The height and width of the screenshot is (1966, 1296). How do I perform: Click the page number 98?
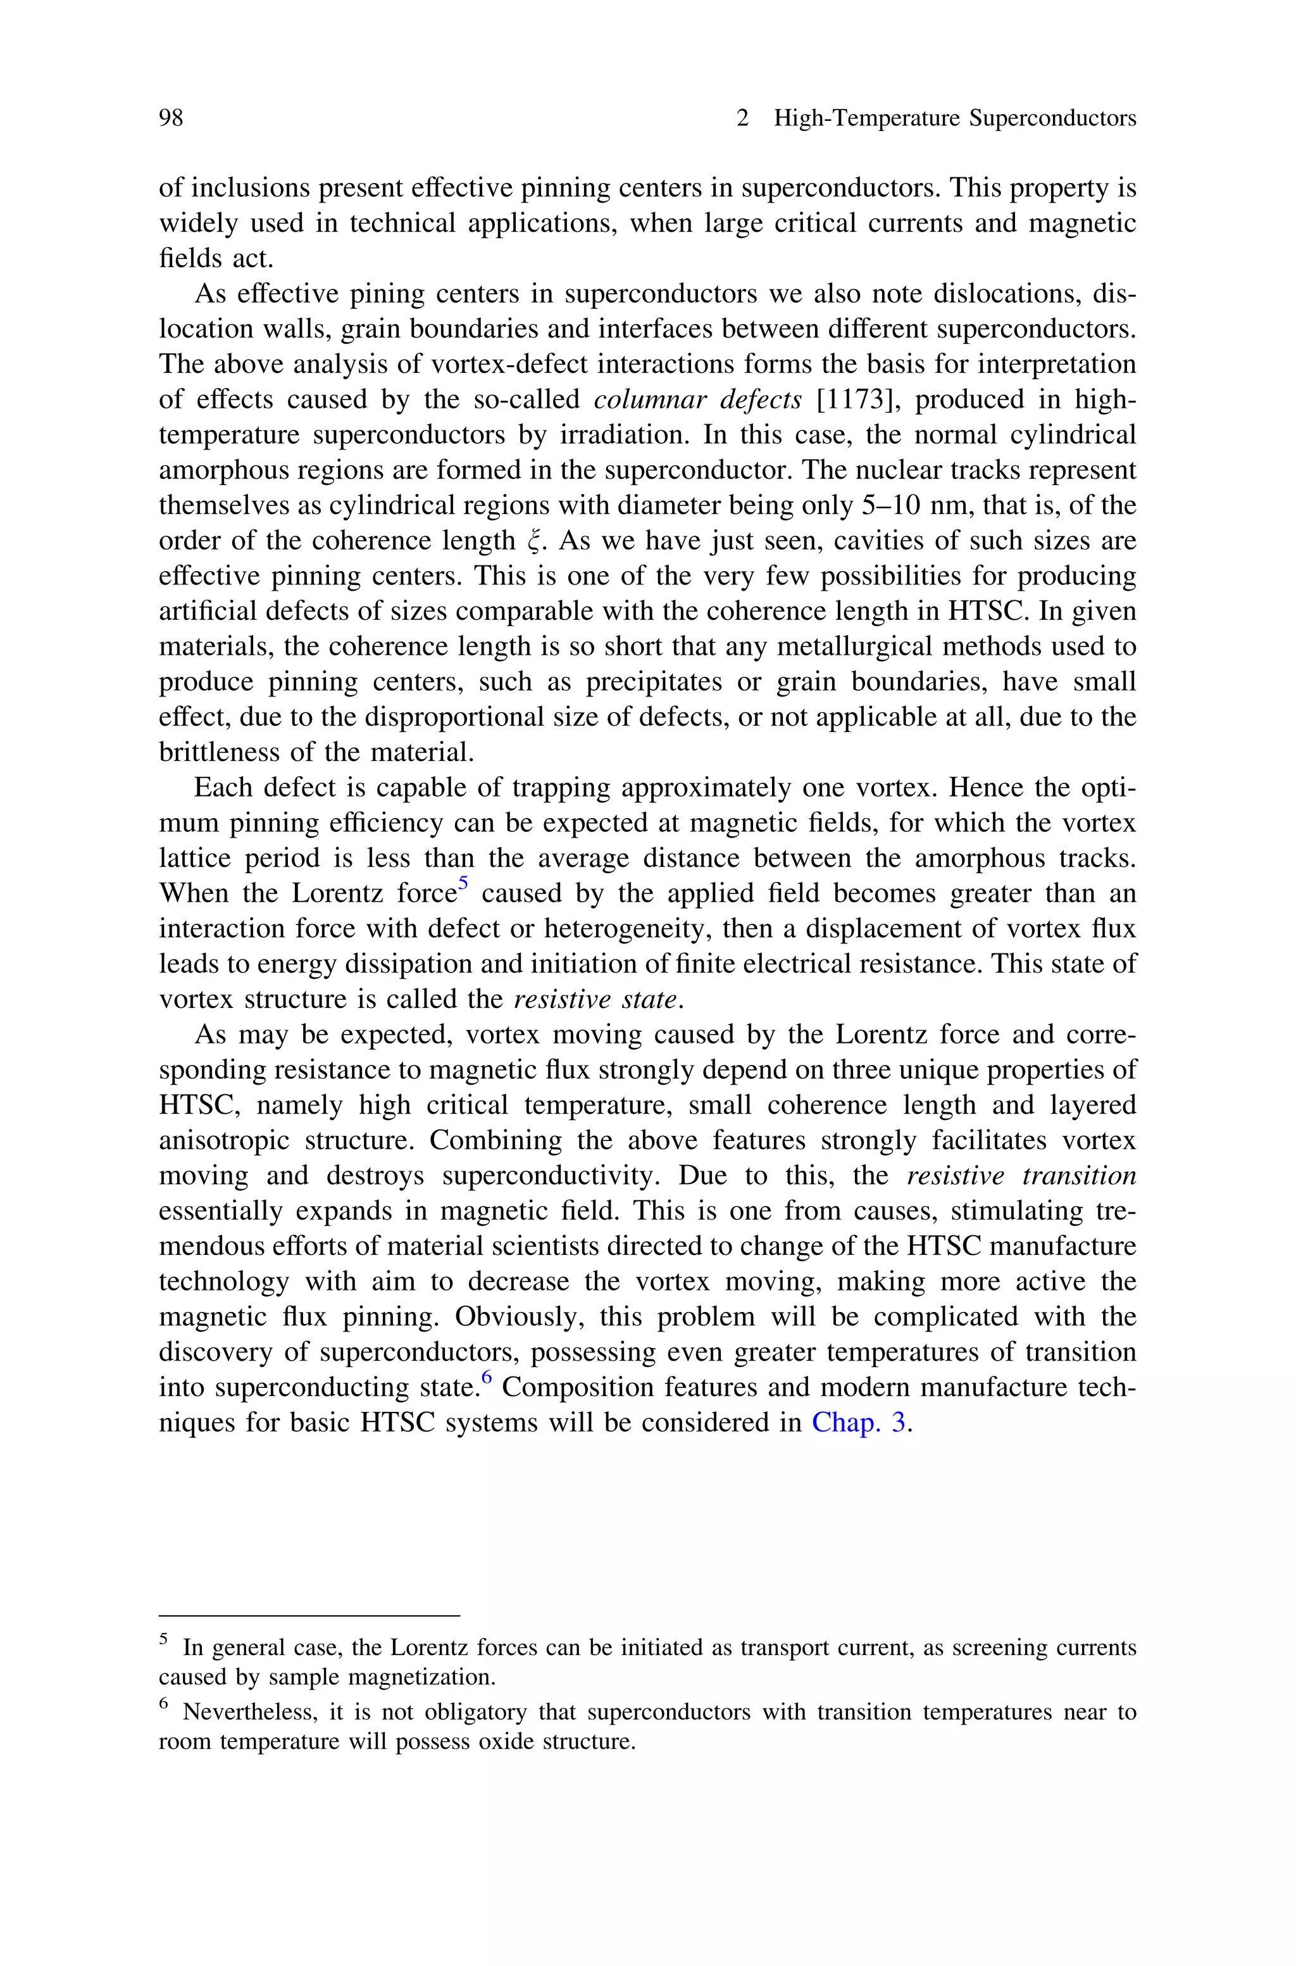[170, 118]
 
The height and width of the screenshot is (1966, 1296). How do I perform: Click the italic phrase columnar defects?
[697, 400]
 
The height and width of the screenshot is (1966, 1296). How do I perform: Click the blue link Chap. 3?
[859, 1423]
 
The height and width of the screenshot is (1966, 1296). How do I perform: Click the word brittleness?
[214, 752]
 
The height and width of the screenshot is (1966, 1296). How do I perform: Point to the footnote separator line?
[308, 1615]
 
